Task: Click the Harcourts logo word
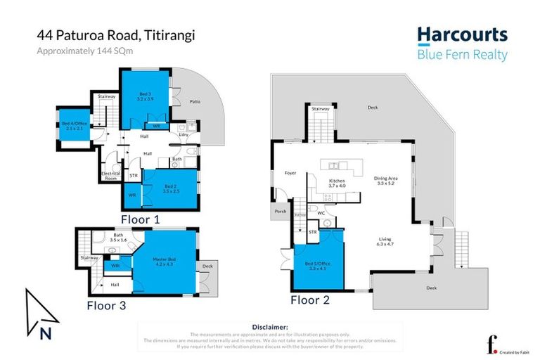(461, 35)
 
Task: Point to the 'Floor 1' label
(141, 219)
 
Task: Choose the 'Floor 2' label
(315, 300)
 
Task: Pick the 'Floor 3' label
(110, 305)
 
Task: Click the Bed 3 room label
(144, 96)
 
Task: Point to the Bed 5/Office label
(318, 265)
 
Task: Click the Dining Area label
(387, 180)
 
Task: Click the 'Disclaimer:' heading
(269, 327)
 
